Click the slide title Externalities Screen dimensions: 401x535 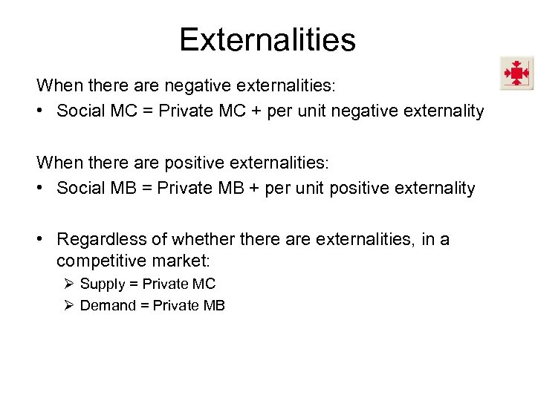click(x=267, y=39)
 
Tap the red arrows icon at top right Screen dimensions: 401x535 click(x=516, y=73)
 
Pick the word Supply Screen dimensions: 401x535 click(x=102, y=284)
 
